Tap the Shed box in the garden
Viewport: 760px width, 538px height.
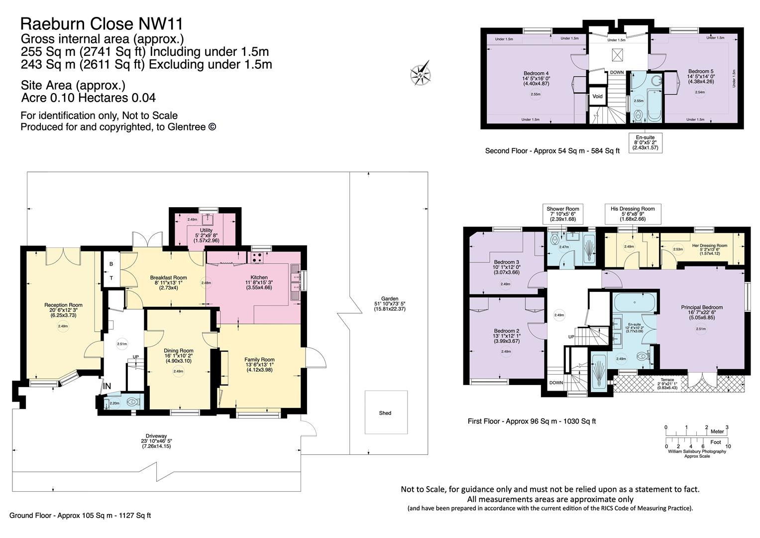(x=385, y=412)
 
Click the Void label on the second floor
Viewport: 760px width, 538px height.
(x=598, y=97)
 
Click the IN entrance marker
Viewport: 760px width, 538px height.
(x=107, y=386)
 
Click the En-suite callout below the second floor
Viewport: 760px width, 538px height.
(x=645, y=142)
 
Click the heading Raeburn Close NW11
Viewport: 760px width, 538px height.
(x=102, y=23)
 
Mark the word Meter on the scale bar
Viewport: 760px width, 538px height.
(x=717, y=431)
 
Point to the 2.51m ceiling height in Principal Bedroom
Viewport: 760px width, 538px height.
(x=701, y=329)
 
